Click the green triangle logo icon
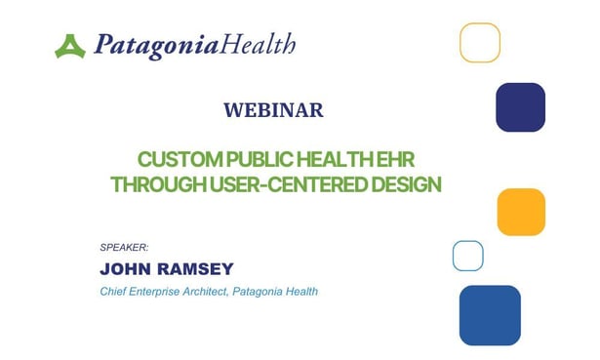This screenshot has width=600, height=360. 70,46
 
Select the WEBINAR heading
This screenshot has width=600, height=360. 273,110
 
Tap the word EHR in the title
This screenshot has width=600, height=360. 411,159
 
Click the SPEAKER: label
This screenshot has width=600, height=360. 124,248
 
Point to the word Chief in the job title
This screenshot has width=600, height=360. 115,292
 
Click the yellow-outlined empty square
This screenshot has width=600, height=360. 480,43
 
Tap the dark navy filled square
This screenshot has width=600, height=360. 520,107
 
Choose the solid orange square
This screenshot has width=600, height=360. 521,212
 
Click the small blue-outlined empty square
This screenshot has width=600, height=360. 468,256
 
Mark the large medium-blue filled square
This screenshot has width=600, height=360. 490,315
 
